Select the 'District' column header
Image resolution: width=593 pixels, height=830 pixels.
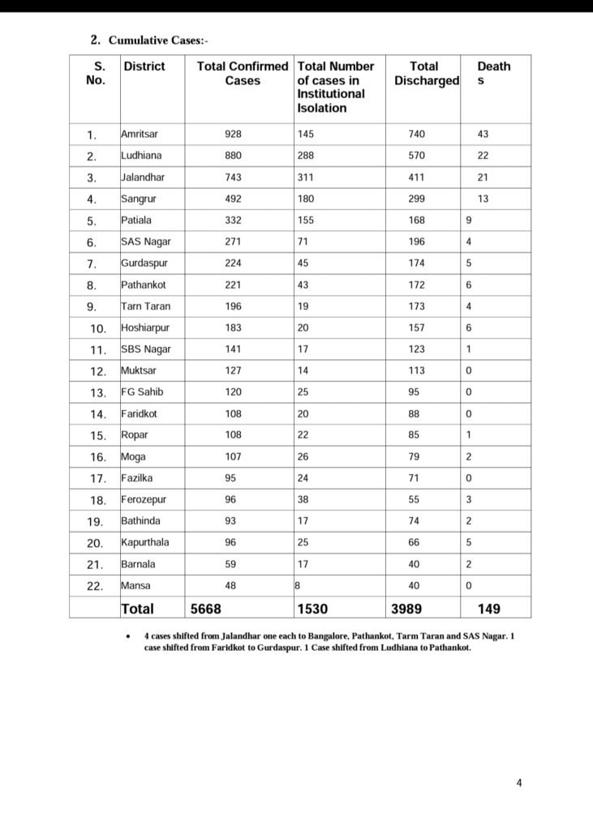144,66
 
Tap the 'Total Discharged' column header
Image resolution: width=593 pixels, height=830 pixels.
425,74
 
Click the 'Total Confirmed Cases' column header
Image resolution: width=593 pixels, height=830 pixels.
243,74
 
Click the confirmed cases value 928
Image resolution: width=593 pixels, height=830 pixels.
234,134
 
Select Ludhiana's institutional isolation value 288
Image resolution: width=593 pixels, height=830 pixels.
307,156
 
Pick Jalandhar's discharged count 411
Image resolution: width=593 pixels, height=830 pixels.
417,177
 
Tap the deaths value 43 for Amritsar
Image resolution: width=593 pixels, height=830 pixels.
483,134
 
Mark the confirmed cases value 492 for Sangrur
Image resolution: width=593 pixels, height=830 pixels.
234,199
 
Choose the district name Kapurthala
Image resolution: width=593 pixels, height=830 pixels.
144,542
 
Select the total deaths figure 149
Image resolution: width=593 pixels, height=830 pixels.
488,608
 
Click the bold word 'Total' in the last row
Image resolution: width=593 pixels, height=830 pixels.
137,608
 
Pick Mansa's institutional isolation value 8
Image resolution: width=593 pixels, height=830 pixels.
297,585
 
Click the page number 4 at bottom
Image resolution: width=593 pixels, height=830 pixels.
519,782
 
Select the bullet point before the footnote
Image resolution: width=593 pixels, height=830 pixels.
129,637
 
